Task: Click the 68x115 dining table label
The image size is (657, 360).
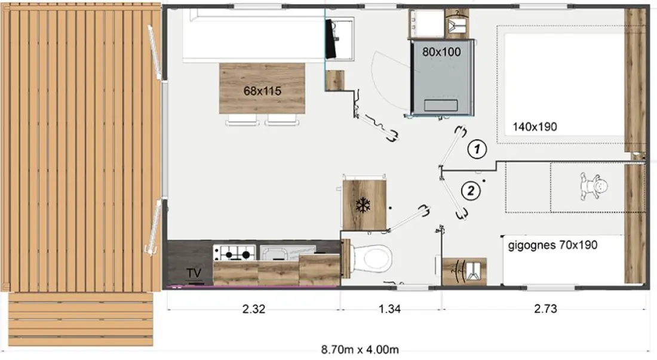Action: tap(262, 91)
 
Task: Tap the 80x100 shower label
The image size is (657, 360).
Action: tap(441, 52)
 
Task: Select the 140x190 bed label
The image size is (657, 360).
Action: tap(535, 127)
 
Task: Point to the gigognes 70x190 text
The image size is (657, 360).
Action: tap(552, 245)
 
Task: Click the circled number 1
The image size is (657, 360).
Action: tap(477, 149)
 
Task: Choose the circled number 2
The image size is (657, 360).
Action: tap(471, 191)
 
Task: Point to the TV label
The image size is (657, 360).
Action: tap(194, 273)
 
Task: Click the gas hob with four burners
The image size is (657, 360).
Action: tap(234, 253)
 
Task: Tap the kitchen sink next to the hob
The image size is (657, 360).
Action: tap(287, 253)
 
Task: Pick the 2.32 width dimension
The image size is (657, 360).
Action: tap(253, 309)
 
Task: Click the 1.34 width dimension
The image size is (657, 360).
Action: tap(389, 309)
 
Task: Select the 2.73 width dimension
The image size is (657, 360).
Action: tap(545, 309)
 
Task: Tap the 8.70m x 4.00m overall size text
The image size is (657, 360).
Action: tap(360, 349)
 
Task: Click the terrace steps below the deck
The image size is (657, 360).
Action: tap(81, 319)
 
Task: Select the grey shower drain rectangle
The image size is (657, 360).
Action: tap(441, 105)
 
